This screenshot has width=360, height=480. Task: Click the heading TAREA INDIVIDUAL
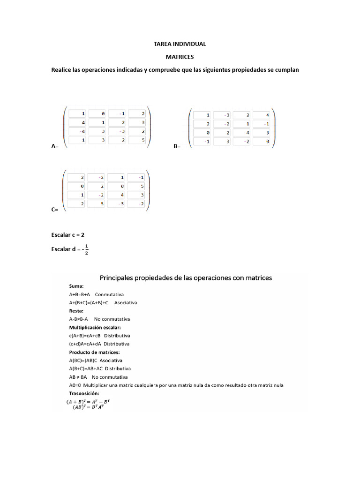[180, 44]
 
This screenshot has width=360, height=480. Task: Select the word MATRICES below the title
[180, 57]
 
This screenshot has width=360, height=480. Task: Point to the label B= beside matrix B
[177, 147]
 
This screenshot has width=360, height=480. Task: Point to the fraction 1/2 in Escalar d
[87, 250]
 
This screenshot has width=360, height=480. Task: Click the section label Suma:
[76, 286]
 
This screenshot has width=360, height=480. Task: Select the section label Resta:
[76, 310]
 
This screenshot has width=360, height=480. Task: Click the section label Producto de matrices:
[94, 352]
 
